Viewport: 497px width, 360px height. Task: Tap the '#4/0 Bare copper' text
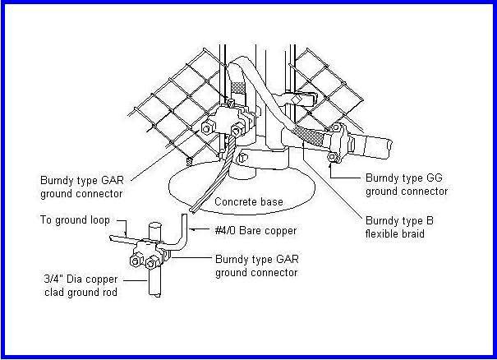[x=255, y=231]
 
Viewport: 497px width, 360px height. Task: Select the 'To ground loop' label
[x=75, y=221]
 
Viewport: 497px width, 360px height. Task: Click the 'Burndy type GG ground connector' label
[x=406, y=185]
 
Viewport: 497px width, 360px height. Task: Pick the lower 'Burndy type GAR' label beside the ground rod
[x=255, y=265]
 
